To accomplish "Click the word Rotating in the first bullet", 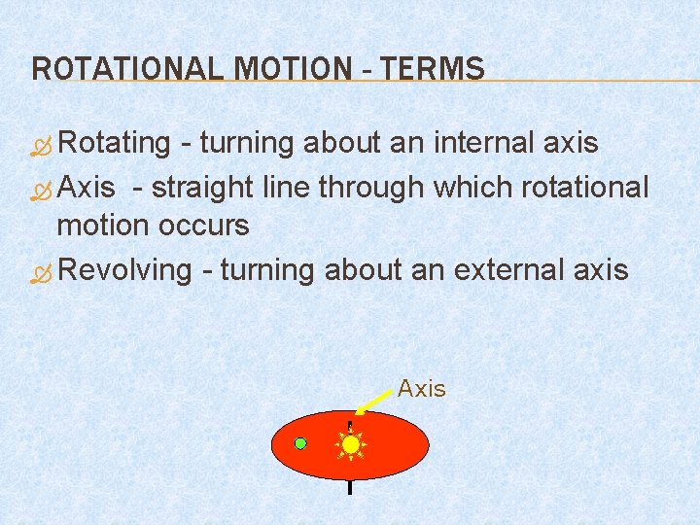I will click(x=114, y=143).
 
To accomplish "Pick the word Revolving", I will click(x=124, y=269).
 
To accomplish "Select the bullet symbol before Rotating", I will click(x=41, y=145).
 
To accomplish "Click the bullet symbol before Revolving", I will click(x=41, y=271).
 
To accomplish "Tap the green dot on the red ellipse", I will click(x=301, y=443).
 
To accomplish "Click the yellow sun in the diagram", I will click(x=351, y=444).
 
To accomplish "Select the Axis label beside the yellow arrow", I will click(x=421, y=389).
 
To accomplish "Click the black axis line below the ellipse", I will click(x=349, y=487).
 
